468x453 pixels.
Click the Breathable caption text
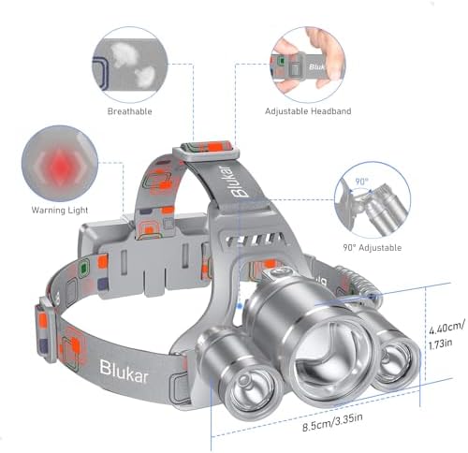134,110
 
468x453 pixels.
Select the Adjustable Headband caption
307,110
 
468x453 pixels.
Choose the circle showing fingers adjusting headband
307,61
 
